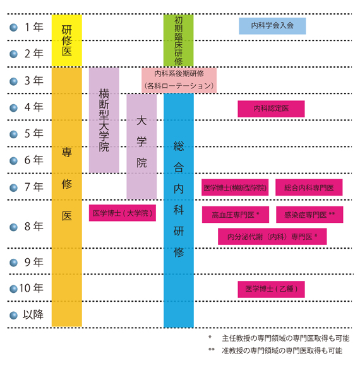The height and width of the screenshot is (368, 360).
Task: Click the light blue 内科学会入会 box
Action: (x=272, y=26)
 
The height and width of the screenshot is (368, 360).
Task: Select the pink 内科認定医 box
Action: (x=271, y=109)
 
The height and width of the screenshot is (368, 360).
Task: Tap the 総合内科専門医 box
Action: (x=309, y=187)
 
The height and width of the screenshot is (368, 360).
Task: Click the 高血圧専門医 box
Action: (x=236, y=215)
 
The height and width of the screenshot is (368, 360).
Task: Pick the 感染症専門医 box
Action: (x=309, y=215)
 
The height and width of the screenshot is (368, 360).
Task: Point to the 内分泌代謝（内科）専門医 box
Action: (x=272, y=236)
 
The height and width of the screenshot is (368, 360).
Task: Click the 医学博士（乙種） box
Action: (x=271, y=289)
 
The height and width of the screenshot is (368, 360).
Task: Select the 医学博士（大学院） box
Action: (x=123, y=213)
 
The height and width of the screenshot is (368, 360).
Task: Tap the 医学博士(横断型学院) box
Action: (x=235, y=187)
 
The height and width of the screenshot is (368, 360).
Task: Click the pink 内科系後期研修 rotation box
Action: (x=179, y=80)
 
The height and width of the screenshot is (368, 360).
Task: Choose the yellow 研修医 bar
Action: (x=67, y=40)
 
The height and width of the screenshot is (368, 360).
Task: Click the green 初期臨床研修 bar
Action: (x=179, y=40)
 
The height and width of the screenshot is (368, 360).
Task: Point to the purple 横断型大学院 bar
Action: (x=104, y=120)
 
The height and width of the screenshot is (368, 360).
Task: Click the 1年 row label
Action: (x=34, y=27)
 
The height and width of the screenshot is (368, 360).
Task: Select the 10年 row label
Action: (x=31, y=288)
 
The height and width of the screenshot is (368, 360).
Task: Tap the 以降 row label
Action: (x=33, y=314)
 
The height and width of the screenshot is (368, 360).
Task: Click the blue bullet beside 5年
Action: (x=14, y=134)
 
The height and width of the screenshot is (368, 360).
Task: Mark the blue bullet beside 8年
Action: (x=14, y=227)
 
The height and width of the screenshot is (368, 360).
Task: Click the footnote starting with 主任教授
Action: (x=279, y=338)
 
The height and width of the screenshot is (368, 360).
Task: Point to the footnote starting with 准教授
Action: (x=275, y=350)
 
